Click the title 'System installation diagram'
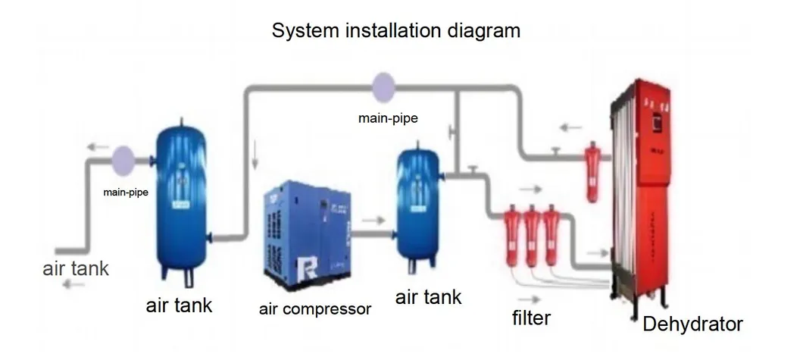click(396, 31)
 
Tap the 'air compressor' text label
click(315, 309)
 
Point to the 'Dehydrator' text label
click(692, 324)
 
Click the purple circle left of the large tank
click(122, 159)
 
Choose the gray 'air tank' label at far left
click(76, 268)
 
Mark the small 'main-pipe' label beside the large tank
click(125, 193)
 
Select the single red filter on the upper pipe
click(591, 174)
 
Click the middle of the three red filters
click(532, 234)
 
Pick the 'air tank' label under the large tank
click(179, 305)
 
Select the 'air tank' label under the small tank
click(428, 296)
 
